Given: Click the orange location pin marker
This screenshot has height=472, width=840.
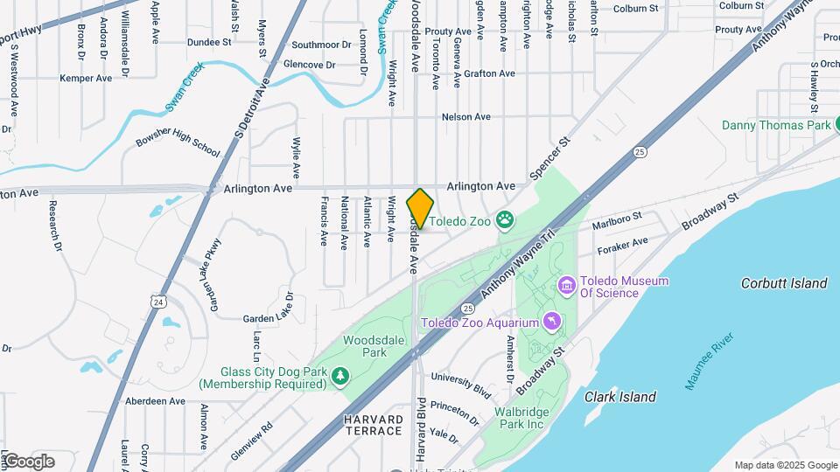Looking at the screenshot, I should pos(420,209).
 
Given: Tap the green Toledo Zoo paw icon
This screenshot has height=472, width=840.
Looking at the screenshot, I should pos(505,219).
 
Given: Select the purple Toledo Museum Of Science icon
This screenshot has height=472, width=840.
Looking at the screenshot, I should pos(566,286).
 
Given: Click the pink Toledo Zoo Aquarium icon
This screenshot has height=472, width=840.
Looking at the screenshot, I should pos(552,323).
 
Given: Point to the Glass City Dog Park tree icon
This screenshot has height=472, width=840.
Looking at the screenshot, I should pos(339,375).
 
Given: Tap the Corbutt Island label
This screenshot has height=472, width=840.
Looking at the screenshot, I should pos(783,283).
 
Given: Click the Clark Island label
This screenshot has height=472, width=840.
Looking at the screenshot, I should pos(619,397).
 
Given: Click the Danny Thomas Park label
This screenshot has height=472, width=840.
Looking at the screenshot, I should pos(775,125).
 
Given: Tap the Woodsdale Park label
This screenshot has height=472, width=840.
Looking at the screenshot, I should pos(365,346).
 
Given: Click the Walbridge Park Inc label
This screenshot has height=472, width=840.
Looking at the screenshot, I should pos(531,418).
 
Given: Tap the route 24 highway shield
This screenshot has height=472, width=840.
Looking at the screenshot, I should pos(157,302).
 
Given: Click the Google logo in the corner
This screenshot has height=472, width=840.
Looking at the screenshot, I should pos(28,462).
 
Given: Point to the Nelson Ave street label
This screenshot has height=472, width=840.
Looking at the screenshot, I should pos(466,117).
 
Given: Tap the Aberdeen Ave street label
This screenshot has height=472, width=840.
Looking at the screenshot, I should pos(155,401).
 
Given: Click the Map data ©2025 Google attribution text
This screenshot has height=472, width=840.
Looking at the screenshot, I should pos(786,465).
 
